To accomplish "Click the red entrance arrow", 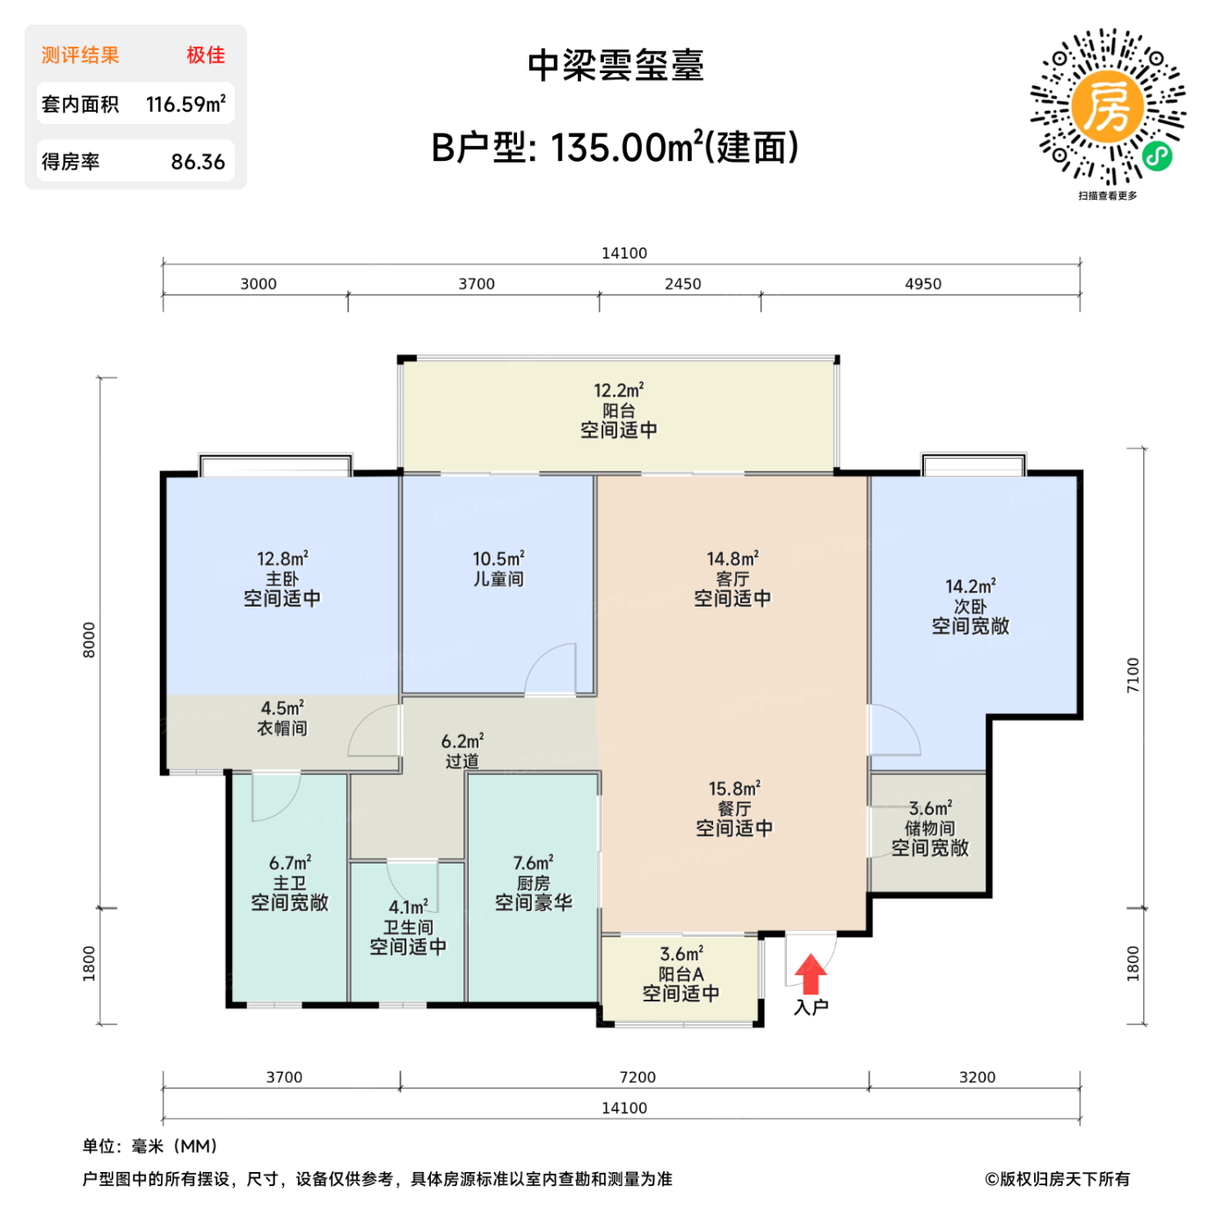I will click(x=811, y=974).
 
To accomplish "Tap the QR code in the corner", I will click(x=1108, y=106).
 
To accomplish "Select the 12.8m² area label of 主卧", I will click(x=282, y=559).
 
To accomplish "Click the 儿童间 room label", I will click(x=499, y=579).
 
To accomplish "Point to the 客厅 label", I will click(x=732, y=579).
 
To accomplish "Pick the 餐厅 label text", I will click(x=734, y=809).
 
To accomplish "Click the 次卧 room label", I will click(x=971, y=607).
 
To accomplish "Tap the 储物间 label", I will click(x=929, y=828).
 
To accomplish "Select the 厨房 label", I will click(x=534, y=883).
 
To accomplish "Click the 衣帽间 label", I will click(x=282, y=728).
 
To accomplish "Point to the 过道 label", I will click(x=463, y=761).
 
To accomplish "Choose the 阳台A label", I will click(x=681, y=974).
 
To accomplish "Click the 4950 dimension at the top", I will click(x=923, y=284).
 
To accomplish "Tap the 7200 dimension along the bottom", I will click(x=637, y=1077).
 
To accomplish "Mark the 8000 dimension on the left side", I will click(x=89, y=639).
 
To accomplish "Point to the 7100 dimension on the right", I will click(x=1133, y=674).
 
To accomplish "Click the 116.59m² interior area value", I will click(x=186, y=105).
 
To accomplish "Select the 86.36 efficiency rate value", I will click(x=198, y=163).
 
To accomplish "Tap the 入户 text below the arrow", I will click(x=811, y=1008).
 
